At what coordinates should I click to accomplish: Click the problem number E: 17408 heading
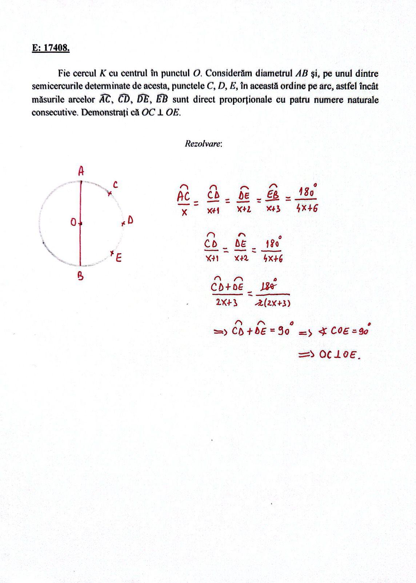[51, 48]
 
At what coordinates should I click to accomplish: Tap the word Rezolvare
[203, 144]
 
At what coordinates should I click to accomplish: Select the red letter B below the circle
[80, 277]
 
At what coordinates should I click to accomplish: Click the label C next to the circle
[115, 185]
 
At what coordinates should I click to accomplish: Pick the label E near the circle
[119, 258]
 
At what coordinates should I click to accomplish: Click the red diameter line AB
[80, 237]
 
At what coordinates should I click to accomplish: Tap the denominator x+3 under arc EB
[273, 210]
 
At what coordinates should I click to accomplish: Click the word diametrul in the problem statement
[274, 73]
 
